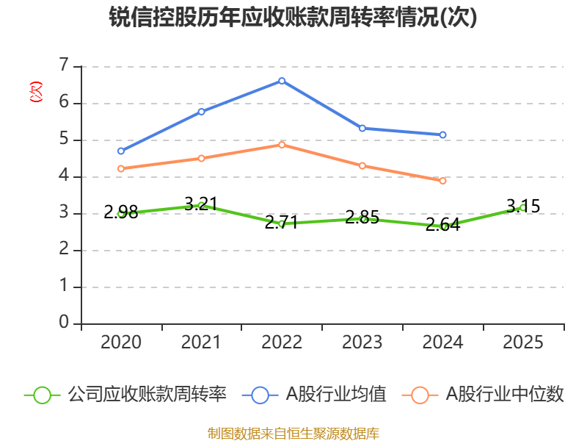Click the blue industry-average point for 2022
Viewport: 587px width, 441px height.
282,81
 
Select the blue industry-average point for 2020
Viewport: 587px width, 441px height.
121,151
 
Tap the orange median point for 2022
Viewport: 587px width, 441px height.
282,144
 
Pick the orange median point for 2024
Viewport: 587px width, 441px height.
442,180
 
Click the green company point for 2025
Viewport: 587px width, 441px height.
522,207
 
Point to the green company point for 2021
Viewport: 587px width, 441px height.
201,205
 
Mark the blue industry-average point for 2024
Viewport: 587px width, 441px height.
442,135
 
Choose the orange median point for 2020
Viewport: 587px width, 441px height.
121,168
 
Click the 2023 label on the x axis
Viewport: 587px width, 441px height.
362,343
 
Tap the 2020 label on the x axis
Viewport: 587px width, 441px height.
121,343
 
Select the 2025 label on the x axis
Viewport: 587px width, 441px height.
523,343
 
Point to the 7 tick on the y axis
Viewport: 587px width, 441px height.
64,66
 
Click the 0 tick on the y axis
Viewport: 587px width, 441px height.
64,323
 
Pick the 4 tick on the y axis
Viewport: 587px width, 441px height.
64,176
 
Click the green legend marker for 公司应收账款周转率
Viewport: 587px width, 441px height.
42,395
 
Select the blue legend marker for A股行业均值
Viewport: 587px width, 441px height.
260,395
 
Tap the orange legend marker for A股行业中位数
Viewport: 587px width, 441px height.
420,395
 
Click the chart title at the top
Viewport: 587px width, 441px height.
293,18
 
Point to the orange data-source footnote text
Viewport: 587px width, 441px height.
293,433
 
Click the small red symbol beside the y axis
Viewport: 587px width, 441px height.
34,92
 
